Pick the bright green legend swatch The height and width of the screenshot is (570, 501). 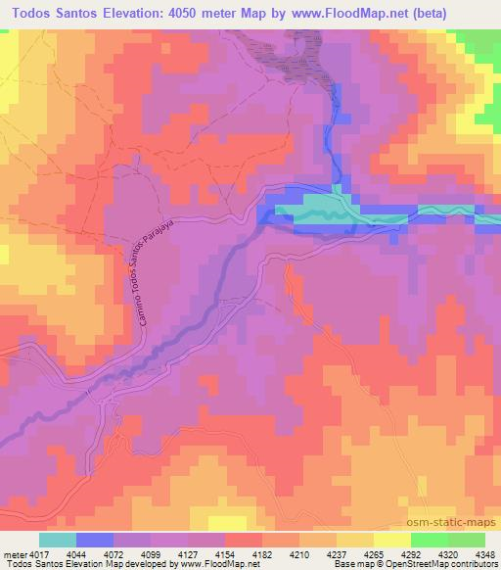(429, 538)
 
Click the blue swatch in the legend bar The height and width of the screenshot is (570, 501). (94, 538)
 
